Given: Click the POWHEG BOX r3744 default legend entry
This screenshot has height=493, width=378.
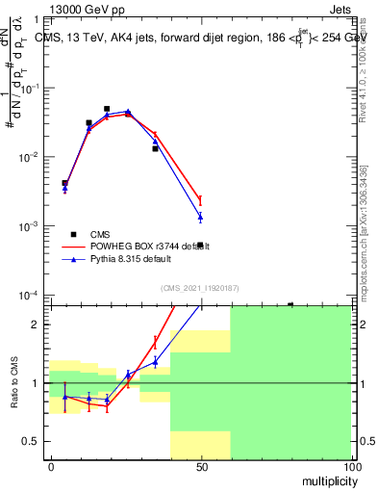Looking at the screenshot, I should pyautogui.click(x=144, y=246).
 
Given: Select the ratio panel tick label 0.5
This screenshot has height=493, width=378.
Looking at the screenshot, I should pyautogui.click(x=32, y=441).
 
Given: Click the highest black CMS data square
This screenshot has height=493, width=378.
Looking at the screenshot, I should pyautogui.click(x=107, y=109).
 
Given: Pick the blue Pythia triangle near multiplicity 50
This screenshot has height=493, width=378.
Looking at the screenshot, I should pyautogui.click(x=200, y=217).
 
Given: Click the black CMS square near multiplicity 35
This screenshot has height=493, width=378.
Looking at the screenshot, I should pyautogui.click(x=155, y=148).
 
